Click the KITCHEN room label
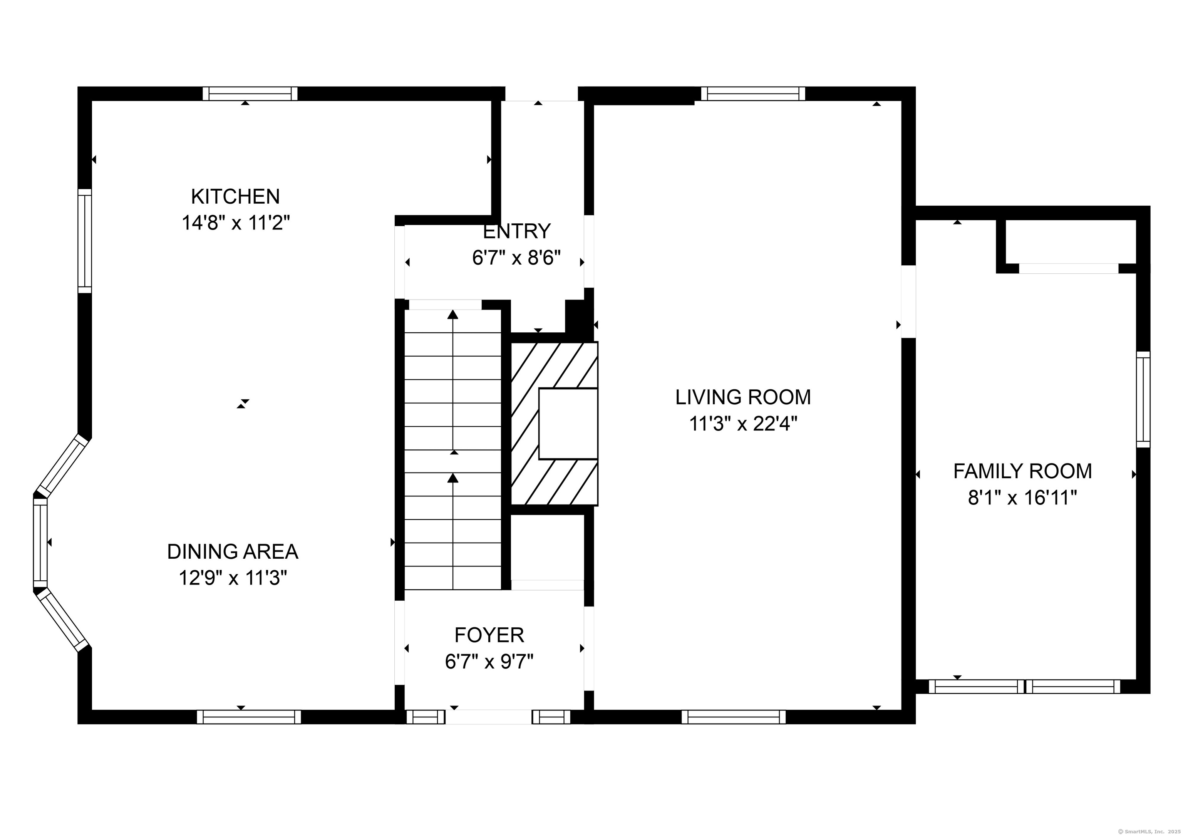235,196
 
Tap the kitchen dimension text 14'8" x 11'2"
235,223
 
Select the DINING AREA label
232,552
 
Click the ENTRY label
517,232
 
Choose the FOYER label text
489,635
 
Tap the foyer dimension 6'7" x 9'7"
489,662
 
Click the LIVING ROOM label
743,397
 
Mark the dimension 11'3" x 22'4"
743,424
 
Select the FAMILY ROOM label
1022,471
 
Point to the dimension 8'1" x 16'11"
1022,498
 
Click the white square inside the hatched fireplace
568,424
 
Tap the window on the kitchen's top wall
250,93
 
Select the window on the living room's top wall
753,93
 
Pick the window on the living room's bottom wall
734,717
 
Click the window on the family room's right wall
1143,399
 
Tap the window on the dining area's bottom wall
249,717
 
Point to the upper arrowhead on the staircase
453,315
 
